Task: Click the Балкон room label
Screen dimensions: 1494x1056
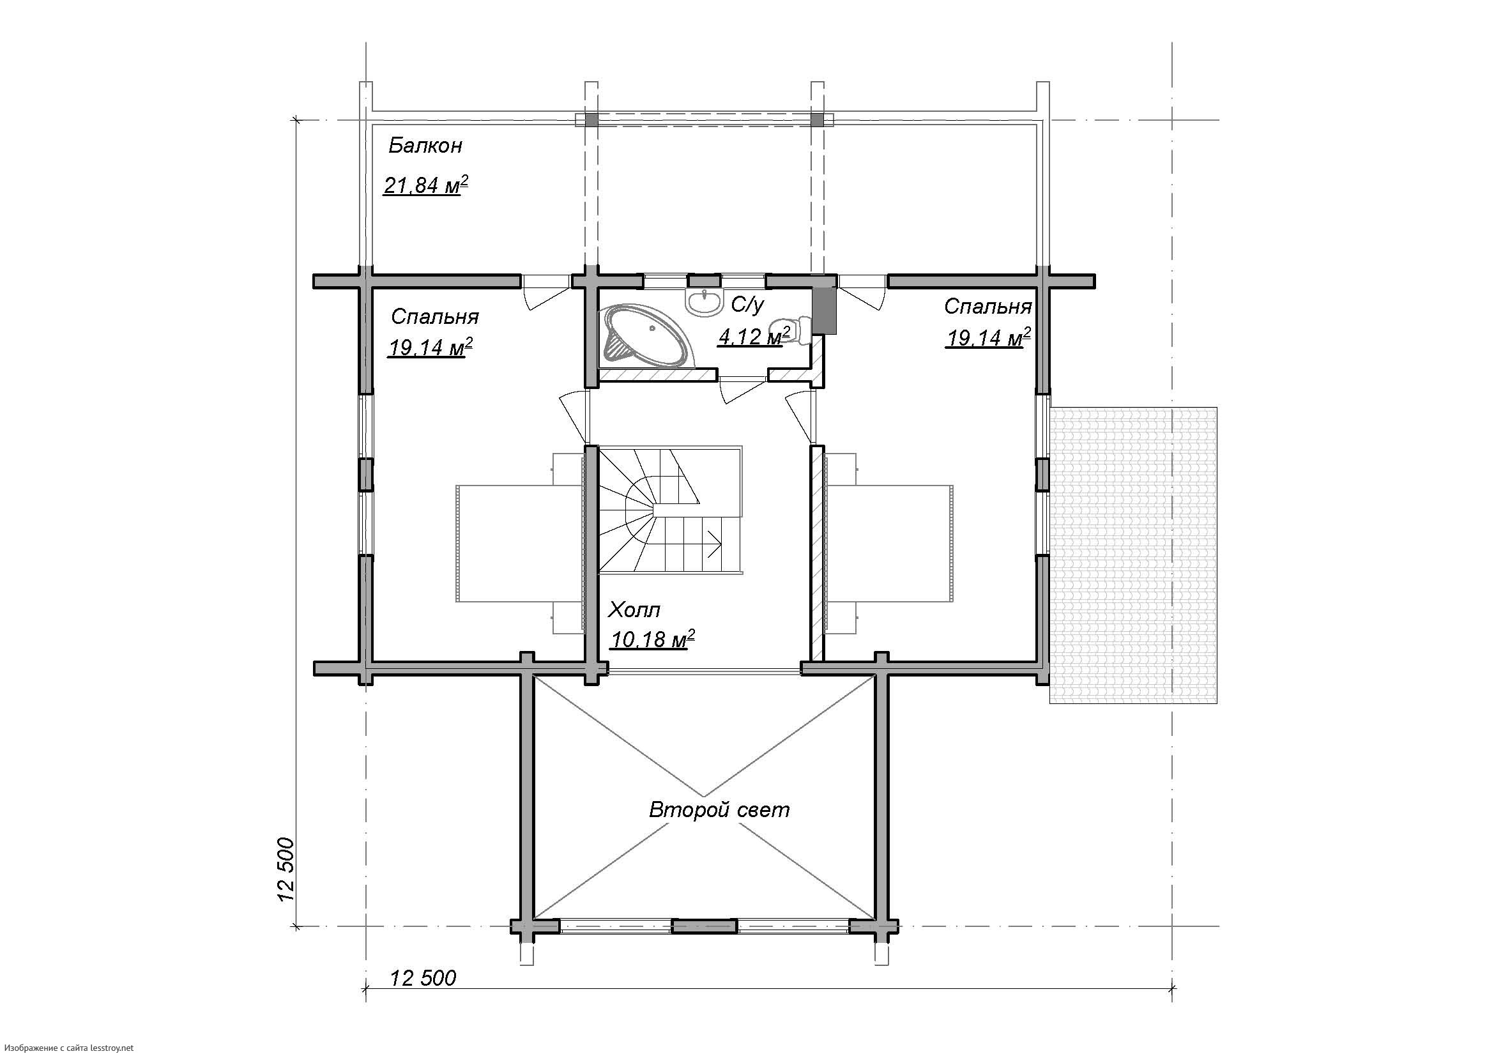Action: pyautogui.click(x=425, y=146)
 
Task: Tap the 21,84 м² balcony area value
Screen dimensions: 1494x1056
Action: pyautogui.click(x=426, y=185)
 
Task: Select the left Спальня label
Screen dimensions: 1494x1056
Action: pyautogui.click(x=435, y=317)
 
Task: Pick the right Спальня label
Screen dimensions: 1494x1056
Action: pyautogui.click(x=987, y=307)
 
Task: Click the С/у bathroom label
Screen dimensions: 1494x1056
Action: pyautogui.click(x=748, y=304)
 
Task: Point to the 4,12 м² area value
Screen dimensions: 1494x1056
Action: pyautogui.click(x=755, y=337)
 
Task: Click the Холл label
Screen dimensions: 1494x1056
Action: pyautogui.click(x=634, y=609)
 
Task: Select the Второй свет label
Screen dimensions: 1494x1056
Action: pyautogui.click(x=719, y=809)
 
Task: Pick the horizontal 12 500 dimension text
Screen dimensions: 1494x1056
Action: pyautogui.click(x=423, y=977)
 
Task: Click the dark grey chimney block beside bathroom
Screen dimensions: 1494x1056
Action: pyautogui.click(x=825, y=310)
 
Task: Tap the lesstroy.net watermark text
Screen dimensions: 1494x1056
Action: pyautogui.click(x=67, y=1048)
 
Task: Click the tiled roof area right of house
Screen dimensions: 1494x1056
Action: pyautogui.click(x=1133, y=555)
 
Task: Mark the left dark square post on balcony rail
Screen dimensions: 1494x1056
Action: pyautogui.click(x=591, y=119)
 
